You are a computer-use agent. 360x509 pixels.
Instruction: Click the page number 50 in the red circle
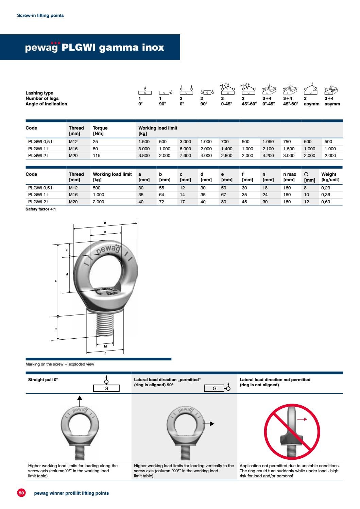[21, 493]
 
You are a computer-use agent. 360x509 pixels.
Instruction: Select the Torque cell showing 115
[97, 156]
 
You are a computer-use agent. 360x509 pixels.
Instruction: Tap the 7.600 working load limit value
[185, 156]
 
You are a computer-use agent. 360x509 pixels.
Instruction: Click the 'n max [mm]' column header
[290, 177]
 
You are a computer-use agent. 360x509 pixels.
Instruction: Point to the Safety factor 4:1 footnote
[41, 209]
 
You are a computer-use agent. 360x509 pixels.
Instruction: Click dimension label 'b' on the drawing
[105, 223]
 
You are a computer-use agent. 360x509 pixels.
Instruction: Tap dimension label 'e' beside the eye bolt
[56, 281]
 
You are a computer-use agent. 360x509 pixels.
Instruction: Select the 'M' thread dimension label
[105, 346]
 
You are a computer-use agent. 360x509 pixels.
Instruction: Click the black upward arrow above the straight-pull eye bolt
[80, 401]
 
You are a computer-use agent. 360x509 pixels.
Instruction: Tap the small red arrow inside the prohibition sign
[302, 419]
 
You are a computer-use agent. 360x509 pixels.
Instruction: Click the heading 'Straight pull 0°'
[43, 380]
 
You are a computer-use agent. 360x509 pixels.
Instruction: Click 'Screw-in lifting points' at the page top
[40, 16]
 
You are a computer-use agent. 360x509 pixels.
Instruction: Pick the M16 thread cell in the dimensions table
[73, 195]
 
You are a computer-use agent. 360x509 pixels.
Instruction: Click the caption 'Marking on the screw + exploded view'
[60, 364]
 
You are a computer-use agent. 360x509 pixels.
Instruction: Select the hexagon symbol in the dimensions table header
[306, 174]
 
